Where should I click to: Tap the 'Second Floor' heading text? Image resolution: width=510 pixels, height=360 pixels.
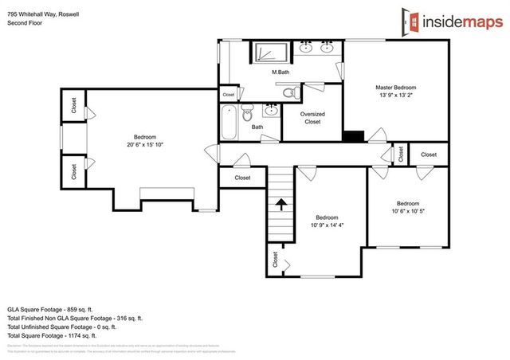coord(23,23)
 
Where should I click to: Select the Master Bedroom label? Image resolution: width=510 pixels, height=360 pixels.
coord(396,88)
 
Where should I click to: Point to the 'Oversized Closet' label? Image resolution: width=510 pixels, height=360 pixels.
coord(312,118)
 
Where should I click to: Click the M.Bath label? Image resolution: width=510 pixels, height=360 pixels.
coord(280,73)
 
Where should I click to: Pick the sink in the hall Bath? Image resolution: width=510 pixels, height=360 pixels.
coord(272,111)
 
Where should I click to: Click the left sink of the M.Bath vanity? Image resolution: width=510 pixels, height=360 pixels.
coord(307,49)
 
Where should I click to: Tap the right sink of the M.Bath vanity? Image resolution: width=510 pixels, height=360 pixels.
coord(328,49)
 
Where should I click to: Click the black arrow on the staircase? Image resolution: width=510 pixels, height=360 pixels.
coord(280,205)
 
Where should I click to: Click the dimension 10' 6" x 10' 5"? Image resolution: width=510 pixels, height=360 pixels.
coord(407,210)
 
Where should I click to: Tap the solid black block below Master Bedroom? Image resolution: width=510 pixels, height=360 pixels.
coord(352,136)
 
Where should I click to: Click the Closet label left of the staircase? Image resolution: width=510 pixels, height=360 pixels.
coord(242,178)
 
